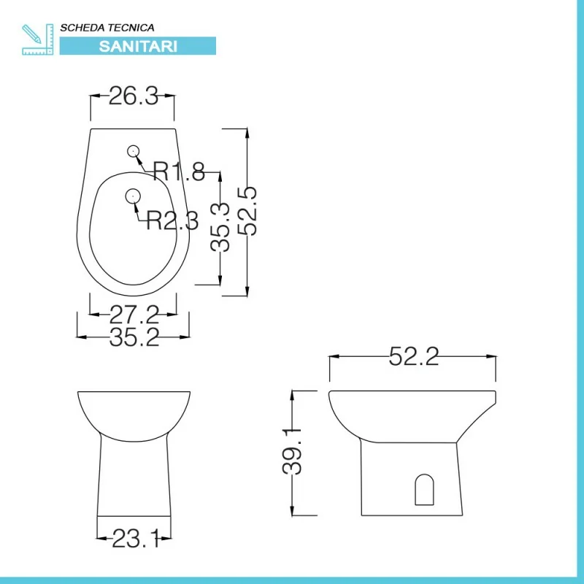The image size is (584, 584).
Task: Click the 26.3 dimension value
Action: coord(134,96)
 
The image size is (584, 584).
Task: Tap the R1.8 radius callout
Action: coord(179,172)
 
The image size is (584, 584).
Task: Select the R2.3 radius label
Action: coord(172,220)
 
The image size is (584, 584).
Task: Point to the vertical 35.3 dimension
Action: coord(220,226)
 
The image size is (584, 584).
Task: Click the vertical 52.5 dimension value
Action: coord(247,211)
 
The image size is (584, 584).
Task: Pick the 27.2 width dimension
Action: coord(134,315)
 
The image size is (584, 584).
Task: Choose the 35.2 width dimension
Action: coord(134,337)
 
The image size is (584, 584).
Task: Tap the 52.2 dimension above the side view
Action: coord(414,356)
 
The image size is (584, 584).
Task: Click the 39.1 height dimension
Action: coord(292,451)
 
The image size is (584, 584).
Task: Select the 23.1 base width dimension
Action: coord(137,539)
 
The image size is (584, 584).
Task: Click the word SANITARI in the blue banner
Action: coord(138,46)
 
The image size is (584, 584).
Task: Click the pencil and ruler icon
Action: coord(38,39)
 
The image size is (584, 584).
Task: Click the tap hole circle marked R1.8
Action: coord(133,151)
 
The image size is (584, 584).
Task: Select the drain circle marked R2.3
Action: coord(133,196)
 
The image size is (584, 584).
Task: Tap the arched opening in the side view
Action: coord(424,489)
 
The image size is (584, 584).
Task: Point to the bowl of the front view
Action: coord(134,416)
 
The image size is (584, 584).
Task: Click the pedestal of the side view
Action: coord(412,479)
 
